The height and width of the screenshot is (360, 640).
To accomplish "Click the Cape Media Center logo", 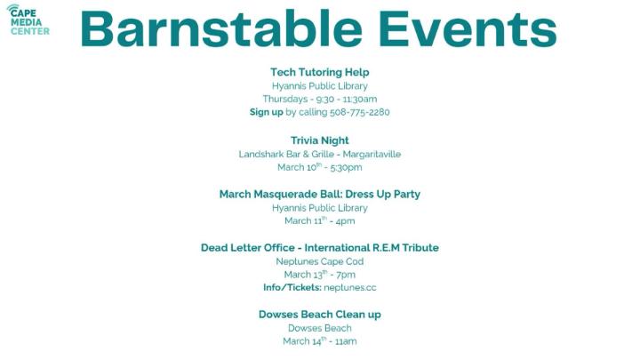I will (28, 19).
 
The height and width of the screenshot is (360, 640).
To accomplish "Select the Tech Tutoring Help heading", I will (319, 72).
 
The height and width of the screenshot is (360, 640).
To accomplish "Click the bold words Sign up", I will (266, 113).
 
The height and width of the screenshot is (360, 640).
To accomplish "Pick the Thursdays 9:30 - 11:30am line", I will (319, 100).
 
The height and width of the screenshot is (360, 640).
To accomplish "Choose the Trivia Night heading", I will (319, 140).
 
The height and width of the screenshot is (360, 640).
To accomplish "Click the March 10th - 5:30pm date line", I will (319, 167).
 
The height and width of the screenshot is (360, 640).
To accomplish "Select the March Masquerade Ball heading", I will (319, 194).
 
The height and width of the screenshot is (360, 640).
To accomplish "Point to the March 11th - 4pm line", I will (319, 220).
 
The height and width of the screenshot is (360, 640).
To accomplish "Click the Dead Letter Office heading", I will (319, 248).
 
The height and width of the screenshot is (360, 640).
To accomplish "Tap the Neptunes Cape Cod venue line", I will (319, 261).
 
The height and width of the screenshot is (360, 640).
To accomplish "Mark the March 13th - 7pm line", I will (319, 275).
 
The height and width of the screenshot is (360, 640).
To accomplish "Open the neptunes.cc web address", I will (348, 288).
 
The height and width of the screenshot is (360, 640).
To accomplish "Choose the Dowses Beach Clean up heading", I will (319, 315).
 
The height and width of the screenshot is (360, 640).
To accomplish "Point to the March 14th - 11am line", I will (319, 341).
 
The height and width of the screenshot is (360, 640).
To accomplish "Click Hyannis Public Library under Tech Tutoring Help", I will (319, 86).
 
